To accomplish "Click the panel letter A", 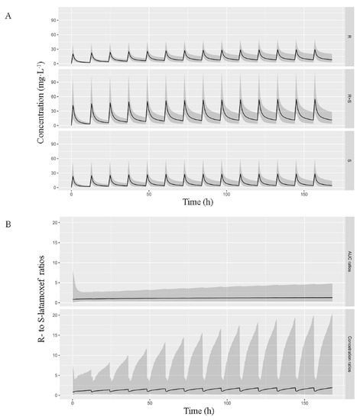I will [7, 8].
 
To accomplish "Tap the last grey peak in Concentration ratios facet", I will [332, 315].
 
